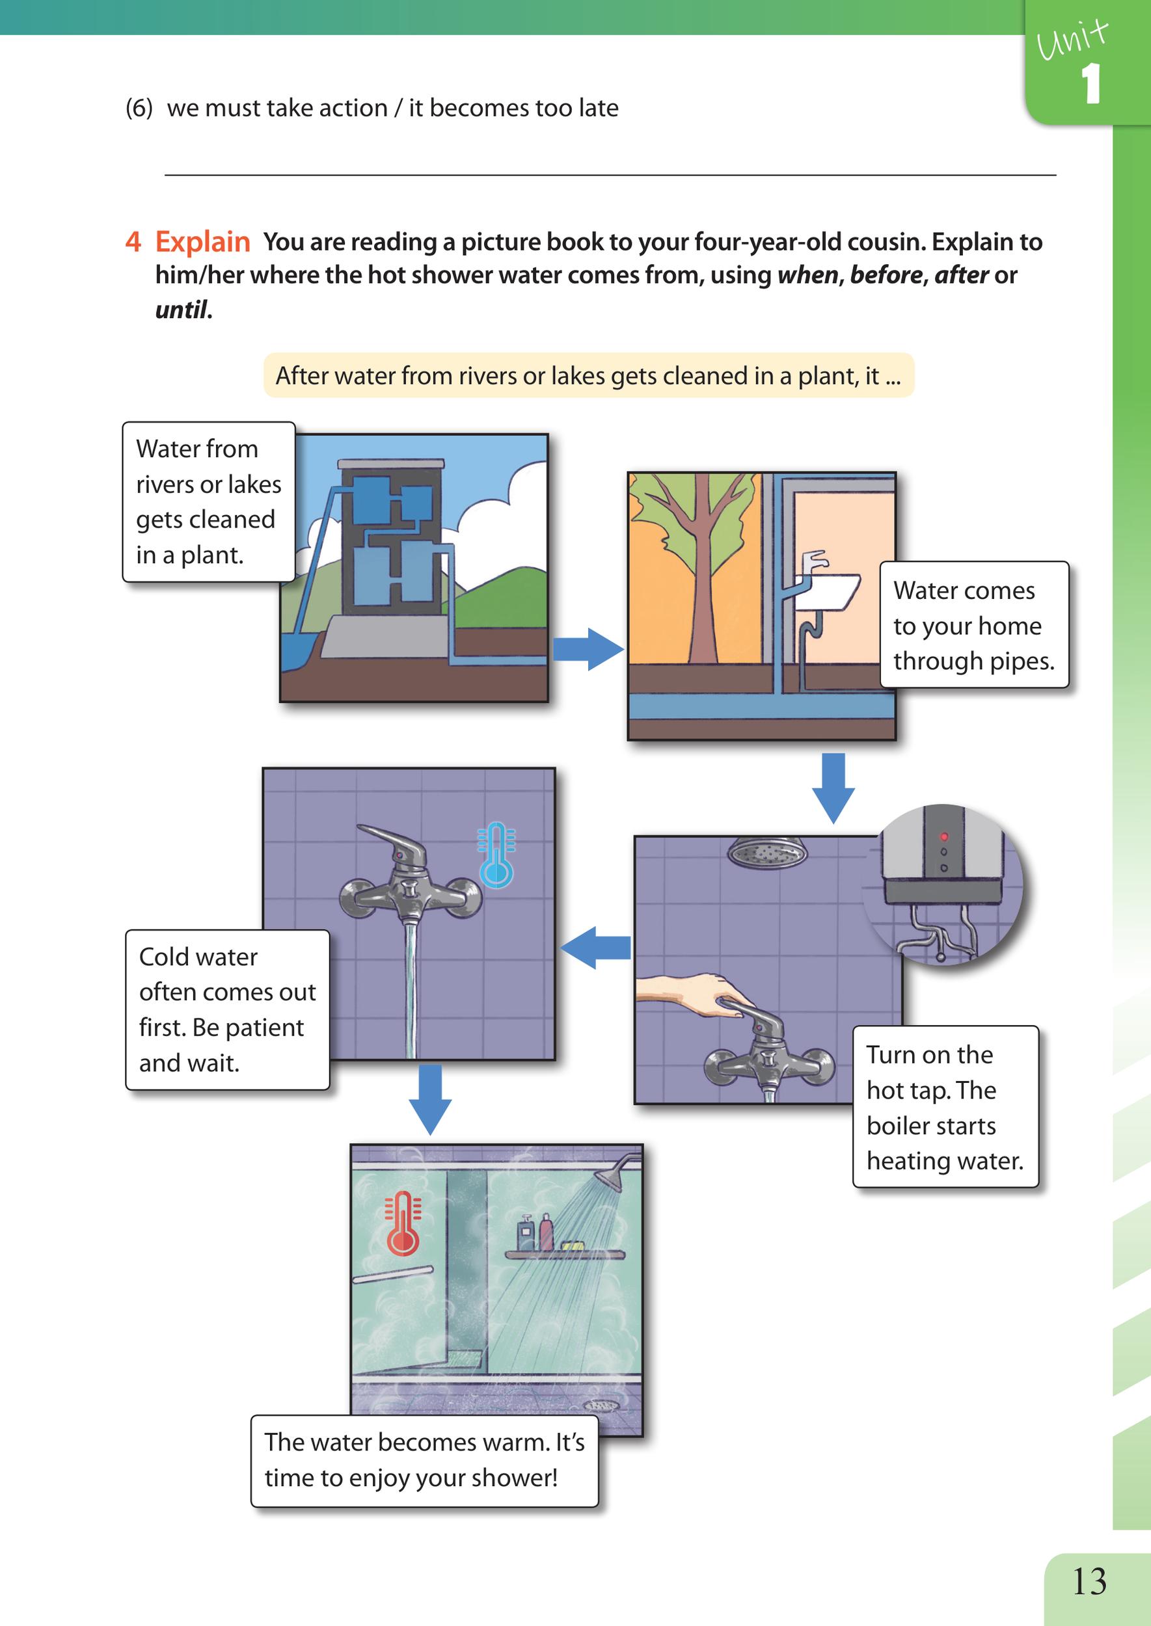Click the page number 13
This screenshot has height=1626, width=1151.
point(1089,1580)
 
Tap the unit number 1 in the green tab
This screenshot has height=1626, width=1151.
point(1092,85)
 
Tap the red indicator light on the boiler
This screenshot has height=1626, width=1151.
point(943,835)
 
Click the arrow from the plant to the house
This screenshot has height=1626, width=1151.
point(588,649)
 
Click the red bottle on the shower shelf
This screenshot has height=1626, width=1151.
point(546,1233)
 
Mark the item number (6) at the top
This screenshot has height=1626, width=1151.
point(139,109)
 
